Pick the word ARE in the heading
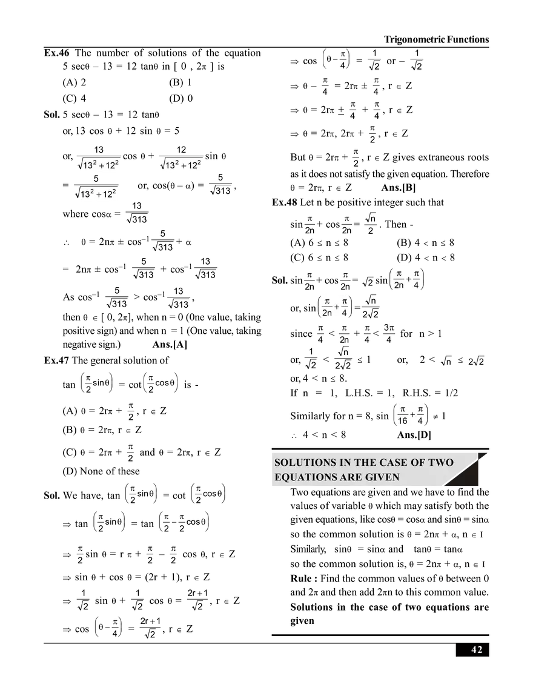click(x=352, y=477)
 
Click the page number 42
click(x=477, y=649)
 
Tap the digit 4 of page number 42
click(x=474, y=649)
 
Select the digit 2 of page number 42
click(x=480, y=649)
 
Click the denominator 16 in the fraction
click(x=402, y=421)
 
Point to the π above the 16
click(x=402, y=410)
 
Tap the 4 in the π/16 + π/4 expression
click(x=419, y=421)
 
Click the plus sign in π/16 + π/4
click(x=411, y=415)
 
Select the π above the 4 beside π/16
click(x=419, y=410)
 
